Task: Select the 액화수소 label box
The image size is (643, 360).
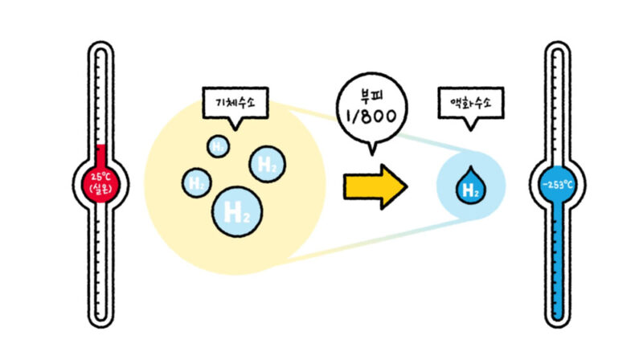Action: pyautogui.click(x=471, y=102)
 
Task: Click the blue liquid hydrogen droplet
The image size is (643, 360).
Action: pyautogui.click(x=471, y=186)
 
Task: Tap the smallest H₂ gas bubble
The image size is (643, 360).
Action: pyautogui.click(x=218, y=145)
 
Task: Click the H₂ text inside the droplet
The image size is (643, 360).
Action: pyautogui.click(x=472, y=190)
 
